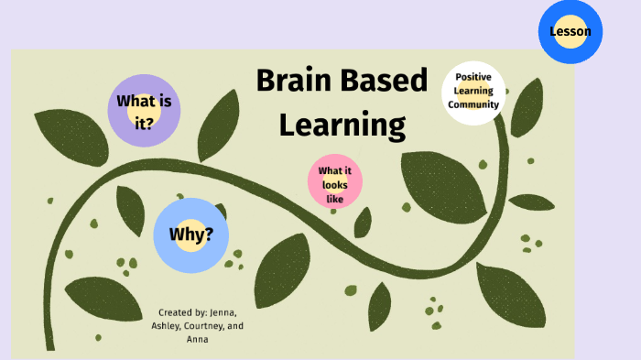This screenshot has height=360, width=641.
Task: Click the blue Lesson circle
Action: click(570, 32)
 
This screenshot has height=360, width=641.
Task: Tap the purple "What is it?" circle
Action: click(144, 111)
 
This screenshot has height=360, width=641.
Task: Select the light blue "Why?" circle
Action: click(190, 235)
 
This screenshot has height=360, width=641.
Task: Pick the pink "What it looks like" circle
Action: click(335, 180)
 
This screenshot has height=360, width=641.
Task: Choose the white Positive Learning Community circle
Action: click(473, 92)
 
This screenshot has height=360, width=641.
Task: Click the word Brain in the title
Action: click(297, 81)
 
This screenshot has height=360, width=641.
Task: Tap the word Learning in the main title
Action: click(342, 124)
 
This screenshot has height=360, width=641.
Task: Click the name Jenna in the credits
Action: click(229, 312)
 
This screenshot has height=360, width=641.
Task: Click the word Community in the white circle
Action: click(473, 104)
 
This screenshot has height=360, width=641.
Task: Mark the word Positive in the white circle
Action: click(473, 78)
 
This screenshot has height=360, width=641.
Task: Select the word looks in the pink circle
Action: click(335, 184)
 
